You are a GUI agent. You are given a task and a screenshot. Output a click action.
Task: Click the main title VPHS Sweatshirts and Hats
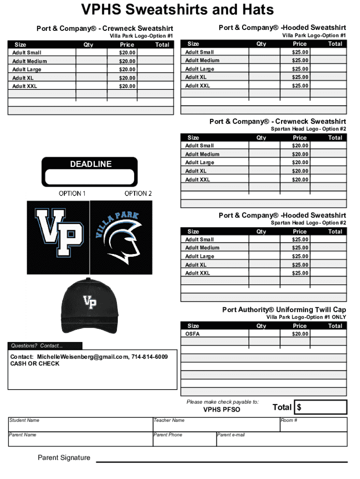point(177,10)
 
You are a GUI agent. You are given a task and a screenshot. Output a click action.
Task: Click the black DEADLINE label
point(91,164)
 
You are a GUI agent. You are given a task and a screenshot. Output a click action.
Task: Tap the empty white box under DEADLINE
point(90,178)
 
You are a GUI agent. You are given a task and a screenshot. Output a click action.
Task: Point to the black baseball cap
point(89,305)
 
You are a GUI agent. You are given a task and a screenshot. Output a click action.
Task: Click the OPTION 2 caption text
point(138,193)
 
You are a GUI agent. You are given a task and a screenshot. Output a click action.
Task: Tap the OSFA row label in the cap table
point(192,334)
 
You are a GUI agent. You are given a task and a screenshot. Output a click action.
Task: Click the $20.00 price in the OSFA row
point(300,334)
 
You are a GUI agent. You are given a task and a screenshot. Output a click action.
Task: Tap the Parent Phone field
point(184,440)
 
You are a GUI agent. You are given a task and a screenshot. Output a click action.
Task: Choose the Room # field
point(313,425)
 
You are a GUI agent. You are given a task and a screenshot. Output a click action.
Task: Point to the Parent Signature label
point(64,457)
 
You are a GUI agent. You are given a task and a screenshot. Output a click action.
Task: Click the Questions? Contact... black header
point(45,346)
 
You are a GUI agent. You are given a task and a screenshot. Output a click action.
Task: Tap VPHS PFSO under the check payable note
point(222,410)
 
